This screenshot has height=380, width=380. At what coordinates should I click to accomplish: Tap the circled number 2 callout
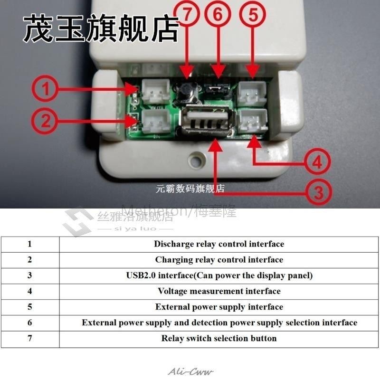point(45,122)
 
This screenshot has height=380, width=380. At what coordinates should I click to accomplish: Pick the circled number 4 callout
point(317,163)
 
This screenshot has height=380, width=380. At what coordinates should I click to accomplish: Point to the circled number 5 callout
point(254,15)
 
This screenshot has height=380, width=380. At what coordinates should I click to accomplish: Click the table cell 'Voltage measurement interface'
point(219,291)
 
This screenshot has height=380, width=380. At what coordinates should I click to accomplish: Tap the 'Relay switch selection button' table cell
point(219,338)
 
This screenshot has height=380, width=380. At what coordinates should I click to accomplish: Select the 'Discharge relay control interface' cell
point(219,244)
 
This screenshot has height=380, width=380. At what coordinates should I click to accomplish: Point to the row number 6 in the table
point(29,323)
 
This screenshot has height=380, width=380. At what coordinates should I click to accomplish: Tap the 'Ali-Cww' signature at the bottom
point(191,371)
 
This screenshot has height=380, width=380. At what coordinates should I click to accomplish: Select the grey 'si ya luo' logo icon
point(78,221)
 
